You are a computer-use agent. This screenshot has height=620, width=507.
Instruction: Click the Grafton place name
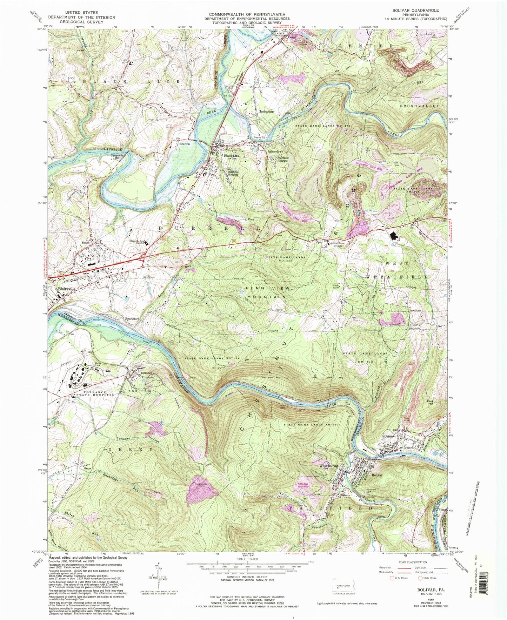click(x=185, y=144)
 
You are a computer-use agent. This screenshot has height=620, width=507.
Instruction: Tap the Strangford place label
click(x=132, y=318)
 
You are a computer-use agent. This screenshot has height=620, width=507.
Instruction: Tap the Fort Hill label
click(x=432, y=403)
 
